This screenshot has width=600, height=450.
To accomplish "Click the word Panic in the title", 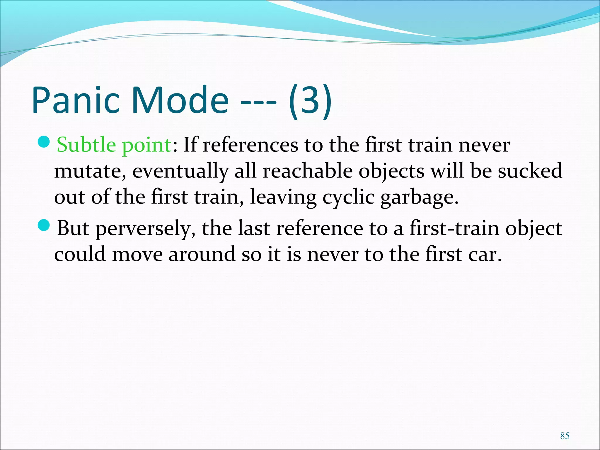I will tap(76, 100).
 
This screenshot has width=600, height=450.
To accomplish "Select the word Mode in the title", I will tap(180, 100).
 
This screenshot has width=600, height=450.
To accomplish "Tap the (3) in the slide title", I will tap(310, 100).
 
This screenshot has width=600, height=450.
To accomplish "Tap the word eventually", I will tap(180, 171).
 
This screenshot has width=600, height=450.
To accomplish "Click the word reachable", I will tap(307, 171).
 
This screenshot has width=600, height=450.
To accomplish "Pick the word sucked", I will tap(530, 171).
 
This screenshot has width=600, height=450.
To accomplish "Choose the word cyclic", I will tap(348, 197).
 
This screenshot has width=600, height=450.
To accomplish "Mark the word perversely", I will tap(146, 229).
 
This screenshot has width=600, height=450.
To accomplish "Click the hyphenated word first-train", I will tap(454, 228).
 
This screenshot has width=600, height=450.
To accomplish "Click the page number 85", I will tap(565, 436).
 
